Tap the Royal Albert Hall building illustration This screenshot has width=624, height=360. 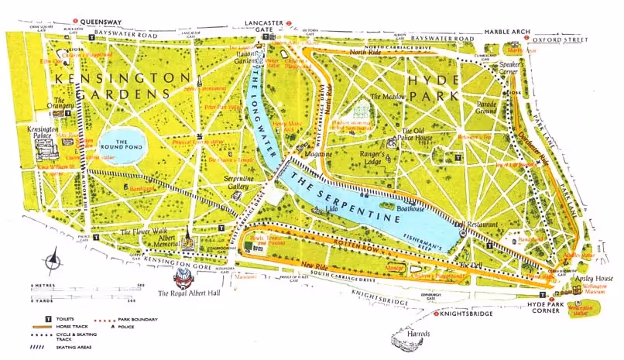coord(184,274)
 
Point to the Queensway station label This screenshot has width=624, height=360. coord(98,22)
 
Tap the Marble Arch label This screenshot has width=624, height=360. coord(508,32)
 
